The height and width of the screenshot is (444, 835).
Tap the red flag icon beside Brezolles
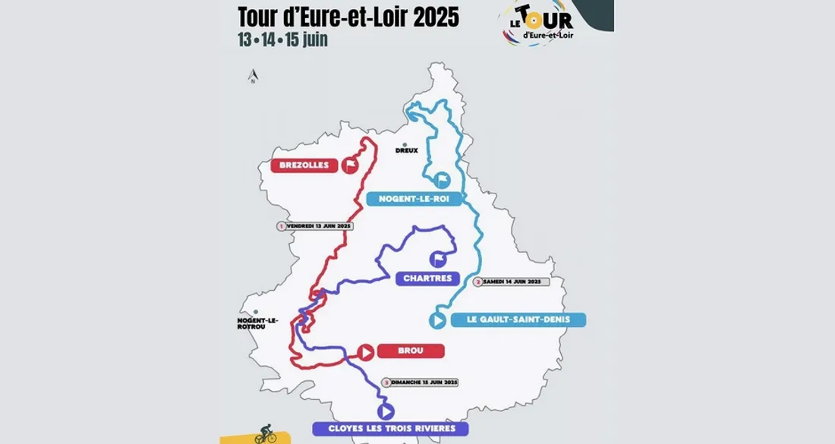coord(350,165)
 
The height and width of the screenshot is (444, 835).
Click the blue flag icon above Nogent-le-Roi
coord(443,180)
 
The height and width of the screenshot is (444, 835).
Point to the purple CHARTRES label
coord(427,279)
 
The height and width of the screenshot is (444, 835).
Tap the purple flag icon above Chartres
coord(438,260)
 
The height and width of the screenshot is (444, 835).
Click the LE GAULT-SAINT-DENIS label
coord(518,320)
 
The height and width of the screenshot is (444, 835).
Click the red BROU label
coord(410,351)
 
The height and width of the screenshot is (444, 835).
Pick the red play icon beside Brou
coord(365,352)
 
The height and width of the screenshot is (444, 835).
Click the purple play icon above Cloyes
coord(386,411)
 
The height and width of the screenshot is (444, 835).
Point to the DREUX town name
coord(406,150)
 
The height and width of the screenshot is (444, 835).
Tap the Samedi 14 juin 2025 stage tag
coord(510,282)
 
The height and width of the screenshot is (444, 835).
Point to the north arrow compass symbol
coord(254,76)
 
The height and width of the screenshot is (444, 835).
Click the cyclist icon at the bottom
coord(266,434)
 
